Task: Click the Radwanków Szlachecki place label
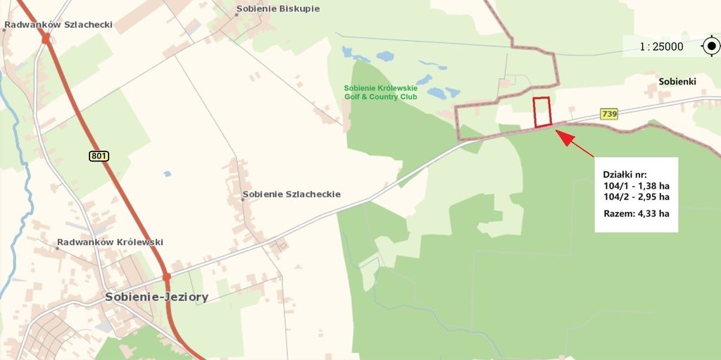pos(59,25)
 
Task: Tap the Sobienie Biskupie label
pos(277,9)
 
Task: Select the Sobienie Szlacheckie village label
pos(291,194)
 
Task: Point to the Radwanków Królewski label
pos(111,242)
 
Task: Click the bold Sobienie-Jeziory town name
pos(156,297)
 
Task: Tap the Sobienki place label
pos(677,82)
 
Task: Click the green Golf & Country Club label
pos(380,92)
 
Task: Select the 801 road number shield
pos(99,156)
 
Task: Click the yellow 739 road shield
pos(609,113)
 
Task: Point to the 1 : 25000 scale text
pos(661,47)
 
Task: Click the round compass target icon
pos(711,47)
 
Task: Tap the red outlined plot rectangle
pos(541,112)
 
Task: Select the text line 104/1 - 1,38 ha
pos(636,185)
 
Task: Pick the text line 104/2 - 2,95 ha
pos(636,197)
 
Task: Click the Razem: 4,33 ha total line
pos(636,213)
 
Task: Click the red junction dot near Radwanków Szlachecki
pos(46,39)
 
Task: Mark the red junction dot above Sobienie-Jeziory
pos(167,277)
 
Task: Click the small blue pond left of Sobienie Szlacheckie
pos(167,173)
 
